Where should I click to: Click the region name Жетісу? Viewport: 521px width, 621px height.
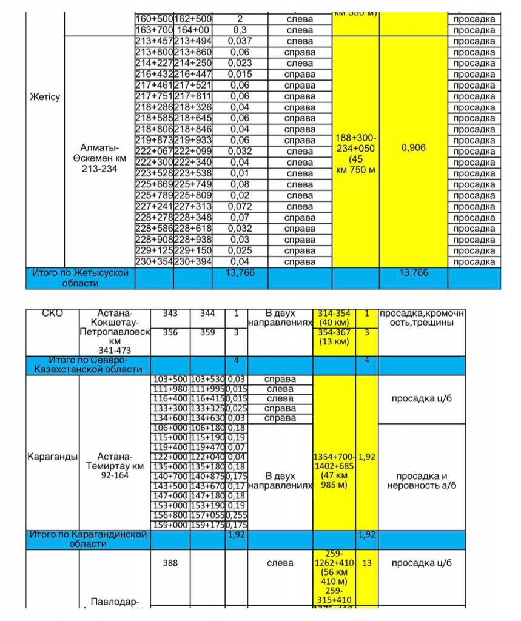point(45,97)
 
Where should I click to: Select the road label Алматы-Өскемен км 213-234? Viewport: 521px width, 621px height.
point(99,158)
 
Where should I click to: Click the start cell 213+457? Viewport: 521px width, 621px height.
point(154,41)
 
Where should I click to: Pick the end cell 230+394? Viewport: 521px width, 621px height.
point(193,262)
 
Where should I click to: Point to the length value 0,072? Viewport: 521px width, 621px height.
point(240,207)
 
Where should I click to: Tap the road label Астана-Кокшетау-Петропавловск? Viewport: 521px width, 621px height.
point(115,332)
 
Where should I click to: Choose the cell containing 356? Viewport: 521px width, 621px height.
point(170,332)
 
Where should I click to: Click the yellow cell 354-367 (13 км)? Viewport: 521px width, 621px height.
point(334,337)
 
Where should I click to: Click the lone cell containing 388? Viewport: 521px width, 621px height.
point(170,563)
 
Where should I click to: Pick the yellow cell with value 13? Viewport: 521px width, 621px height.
point(366,563)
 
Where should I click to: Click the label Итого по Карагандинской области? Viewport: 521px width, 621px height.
point(88,540)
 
